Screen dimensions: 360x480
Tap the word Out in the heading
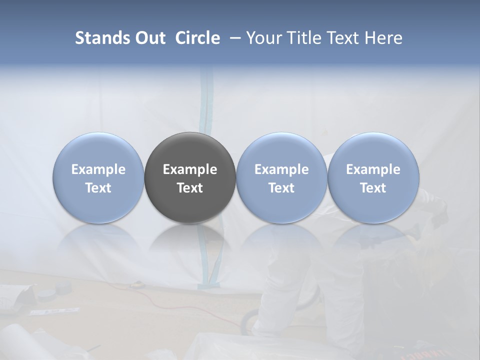149,38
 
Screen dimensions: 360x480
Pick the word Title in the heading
302,38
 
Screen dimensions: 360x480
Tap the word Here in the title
383,38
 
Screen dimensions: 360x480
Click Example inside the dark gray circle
190,169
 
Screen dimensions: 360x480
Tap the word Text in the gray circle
190,188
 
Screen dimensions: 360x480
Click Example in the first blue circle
98,169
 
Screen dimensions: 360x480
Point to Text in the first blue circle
98,188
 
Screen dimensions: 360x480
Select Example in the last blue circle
373,169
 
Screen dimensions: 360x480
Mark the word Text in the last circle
373,188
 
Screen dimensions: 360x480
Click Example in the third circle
281,169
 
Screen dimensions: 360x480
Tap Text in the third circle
281,188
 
